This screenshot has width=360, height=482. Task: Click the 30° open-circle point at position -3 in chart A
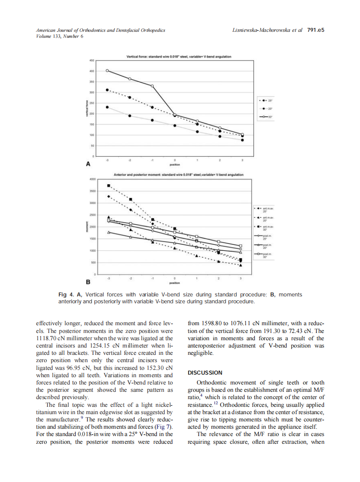click(107, 70)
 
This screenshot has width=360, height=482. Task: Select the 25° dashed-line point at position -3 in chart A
click(107, 90)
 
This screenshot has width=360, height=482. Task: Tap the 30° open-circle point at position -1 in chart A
click(152, 86)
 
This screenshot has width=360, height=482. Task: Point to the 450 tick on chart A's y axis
click(92, 61)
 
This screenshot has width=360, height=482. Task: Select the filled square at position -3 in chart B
click(109, 186)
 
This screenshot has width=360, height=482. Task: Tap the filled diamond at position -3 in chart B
click(109, 196)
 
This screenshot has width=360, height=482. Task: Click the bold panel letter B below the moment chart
click(88, 282)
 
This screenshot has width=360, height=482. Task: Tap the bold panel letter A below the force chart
click(88, 164)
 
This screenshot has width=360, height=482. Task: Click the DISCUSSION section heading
click(205, 372)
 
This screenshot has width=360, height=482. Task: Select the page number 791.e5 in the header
click(315, 30)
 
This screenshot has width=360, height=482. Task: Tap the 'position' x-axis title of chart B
click(174, 283)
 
